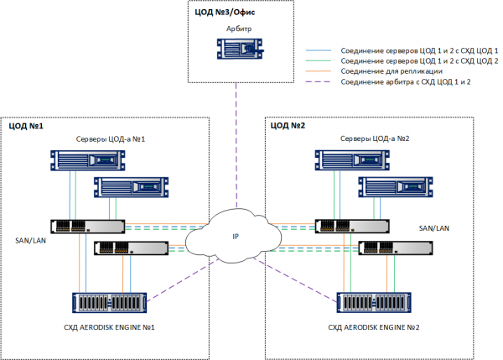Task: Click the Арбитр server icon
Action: (x=239, y=50)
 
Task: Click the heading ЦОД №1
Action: (x=27, y=126)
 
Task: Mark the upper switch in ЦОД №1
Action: (x=86, y=226)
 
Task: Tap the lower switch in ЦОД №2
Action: (x=395, y=248)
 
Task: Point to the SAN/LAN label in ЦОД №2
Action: (x=435, y=228)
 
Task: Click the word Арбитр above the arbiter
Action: (x=239, y=29)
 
